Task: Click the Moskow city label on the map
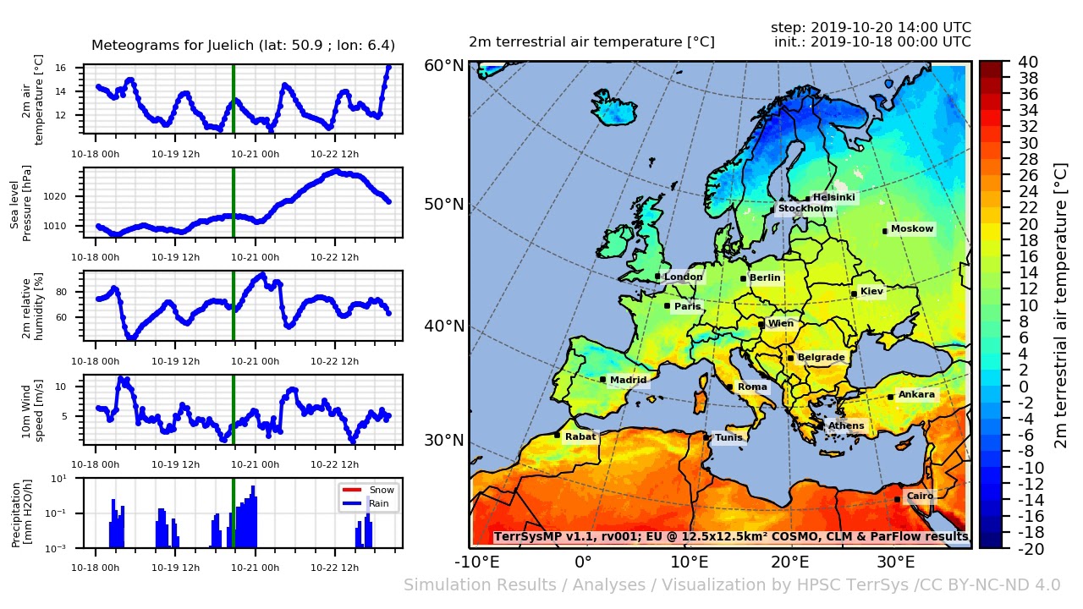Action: click(912, 229)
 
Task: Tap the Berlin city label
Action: click(765, 277)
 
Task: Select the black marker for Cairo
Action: click(897, 499)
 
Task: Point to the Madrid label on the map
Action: click(628, 380)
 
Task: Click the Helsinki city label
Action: click(834, 198)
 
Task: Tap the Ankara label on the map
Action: click(916, 395)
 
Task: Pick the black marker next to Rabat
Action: click(557, 435)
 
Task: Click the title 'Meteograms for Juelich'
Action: click(243, 46)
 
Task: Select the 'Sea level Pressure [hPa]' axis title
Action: click(21, 203)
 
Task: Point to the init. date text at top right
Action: click(872, 41)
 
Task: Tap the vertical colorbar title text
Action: click(1061, 304)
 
